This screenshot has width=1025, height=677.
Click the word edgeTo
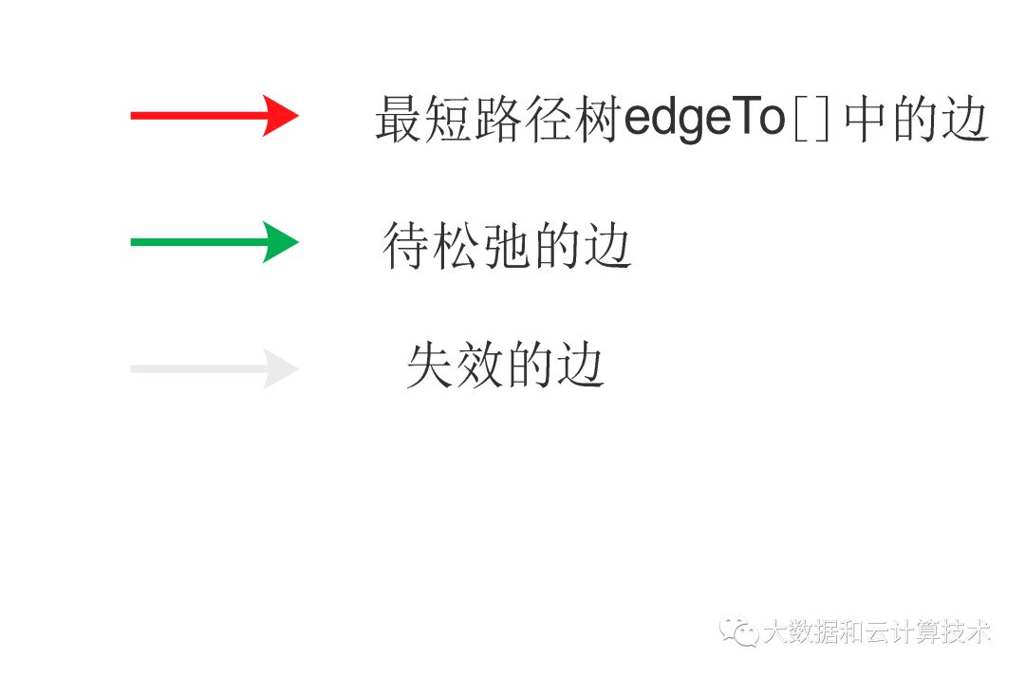(703, 120)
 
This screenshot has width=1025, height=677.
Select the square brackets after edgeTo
(811, 122)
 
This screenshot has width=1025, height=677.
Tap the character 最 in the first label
(399, 120)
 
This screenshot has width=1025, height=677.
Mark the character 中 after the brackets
(867, 120)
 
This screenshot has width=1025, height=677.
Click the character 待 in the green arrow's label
(407, 246)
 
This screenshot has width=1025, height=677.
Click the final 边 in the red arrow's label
(965, 120)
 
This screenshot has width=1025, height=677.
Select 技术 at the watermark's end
(965, 631)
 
